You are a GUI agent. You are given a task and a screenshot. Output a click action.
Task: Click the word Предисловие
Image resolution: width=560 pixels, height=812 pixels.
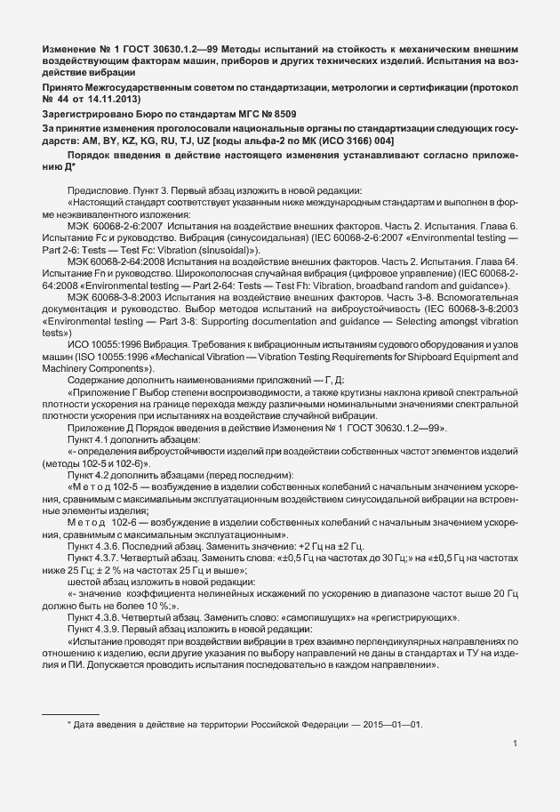pos(95,190)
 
